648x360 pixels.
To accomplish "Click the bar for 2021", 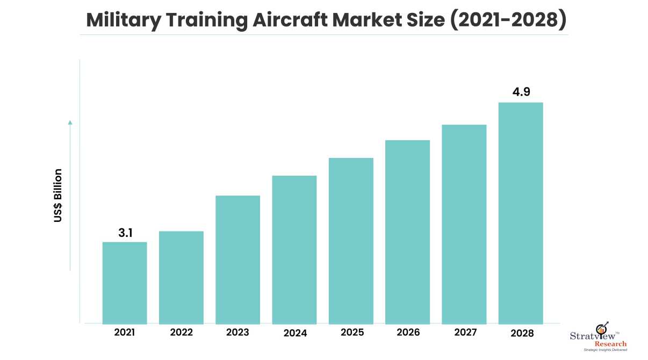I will (125, 283).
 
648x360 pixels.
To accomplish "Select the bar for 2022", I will (181, 277).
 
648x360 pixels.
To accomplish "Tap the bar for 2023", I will (237, 260).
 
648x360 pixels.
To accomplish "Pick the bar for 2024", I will (294, 249).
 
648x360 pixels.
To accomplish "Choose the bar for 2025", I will (351, 241).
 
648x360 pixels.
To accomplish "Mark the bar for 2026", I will (407, 232).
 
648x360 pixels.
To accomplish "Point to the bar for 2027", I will (464, 224).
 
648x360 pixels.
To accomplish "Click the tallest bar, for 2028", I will (521, 213).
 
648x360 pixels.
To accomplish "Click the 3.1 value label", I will (125, 233).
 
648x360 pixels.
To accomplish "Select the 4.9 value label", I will (521, 92).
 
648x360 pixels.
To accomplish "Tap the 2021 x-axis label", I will (125, 333).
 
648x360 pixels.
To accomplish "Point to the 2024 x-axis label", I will (295, 333).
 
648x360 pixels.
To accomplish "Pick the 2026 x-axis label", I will (408, 333).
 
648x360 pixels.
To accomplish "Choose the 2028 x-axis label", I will (522, 333).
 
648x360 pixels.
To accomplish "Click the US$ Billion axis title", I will (58, 196).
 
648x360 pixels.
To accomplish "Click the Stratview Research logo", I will (598, 337).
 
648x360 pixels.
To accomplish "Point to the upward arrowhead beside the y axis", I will (70, 123).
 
